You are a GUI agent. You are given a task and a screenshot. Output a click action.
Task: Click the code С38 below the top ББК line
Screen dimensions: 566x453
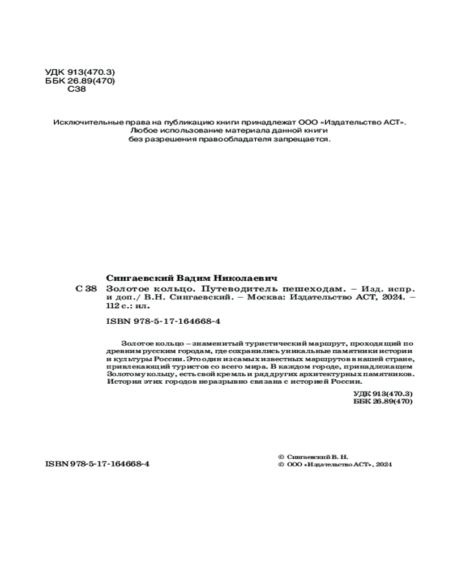pos(76,89)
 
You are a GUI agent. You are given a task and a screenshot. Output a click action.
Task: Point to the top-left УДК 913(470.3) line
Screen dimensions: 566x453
pos(79,73)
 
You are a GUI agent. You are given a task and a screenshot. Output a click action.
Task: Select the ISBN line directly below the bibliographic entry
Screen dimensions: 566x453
pos(163,321)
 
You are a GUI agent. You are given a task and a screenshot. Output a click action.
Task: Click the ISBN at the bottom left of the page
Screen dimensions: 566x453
pos(97,464)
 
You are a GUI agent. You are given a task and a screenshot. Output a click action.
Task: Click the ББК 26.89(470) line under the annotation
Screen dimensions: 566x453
pos(382,401)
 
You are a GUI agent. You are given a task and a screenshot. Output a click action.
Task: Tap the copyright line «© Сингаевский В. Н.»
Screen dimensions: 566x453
pos(314,456)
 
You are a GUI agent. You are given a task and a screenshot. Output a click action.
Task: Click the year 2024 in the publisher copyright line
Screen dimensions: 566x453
pos(383,464)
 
